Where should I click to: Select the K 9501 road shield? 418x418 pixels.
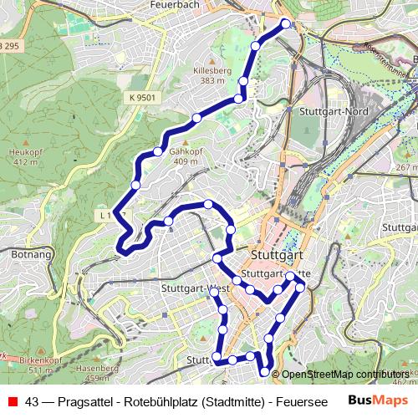click(x=143, y=98)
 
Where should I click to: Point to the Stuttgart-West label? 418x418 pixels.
click(x=191, y=289)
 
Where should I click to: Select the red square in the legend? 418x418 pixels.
click(x=12, y=401)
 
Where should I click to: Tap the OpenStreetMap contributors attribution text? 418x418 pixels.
click(x=344, y=375)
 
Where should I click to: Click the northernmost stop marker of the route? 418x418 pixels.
click(x=285, y=23)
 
